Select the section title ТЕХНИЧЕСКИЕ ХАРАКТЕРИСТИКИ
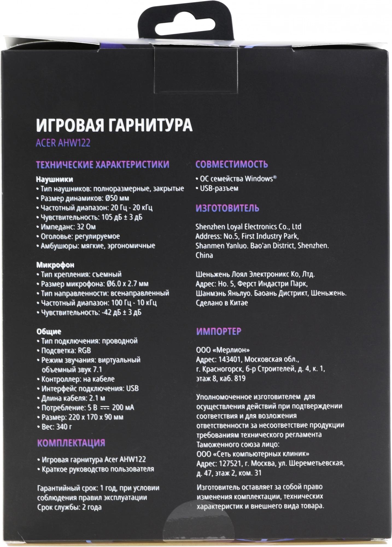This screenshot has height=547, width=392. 103,164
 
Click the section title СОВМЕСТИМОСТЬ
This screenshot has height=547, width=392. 232,164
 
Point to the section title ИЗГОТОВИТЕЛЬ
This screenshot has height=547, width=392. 227,208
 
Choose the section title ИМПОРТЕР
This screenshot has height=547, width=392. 219,331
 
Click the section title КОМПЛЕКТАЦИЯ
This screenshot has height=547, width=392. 71,443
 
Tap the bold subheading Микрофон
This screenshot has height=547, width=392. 55,265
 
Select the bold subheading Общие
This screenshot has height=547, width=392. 49,332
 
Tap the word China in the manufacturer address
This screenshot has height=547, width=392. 204,255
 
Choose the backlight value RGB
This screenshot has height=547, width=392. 84,351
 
